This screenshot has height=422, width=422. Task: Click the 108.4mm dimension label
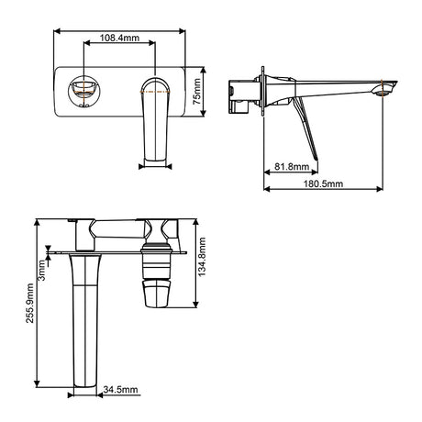tap(119, 38)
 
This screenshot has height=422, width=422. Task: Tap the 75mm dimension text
tap(197, 92)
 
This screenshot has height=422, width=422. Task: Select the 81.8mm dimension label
tap(292, 167)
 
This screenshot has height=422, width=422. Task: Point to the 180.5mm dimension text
tap(323, 183)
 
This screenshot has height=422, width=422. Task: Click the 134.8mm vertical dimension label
tap(202, 257)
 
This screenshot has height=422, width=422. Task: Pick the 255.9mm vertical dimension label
tap(29, 303)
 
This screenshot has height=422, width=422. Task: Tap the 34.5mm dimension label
tap(120, 390)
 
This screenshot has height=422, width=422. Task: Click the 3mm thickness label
tap(41, 271)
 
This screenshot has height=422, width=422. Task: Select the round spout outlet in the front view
tap(83, 91)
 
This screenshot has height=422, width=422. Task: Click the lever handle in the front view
tap(156, 119)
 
